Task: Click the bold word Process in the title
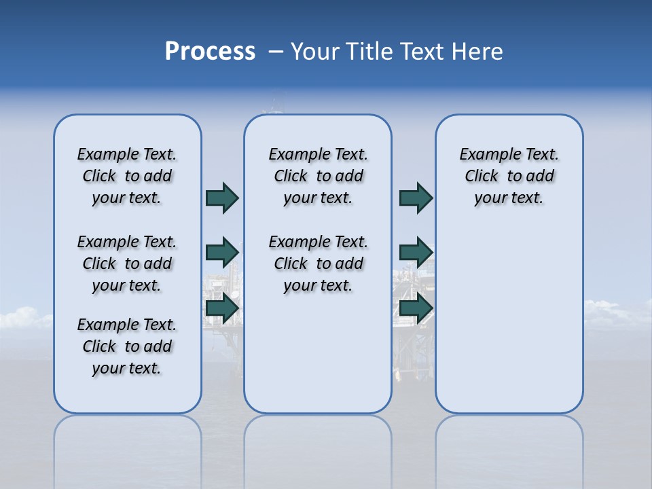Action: (x=210, y=52)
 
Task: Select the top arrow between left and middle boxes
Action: (x=222, y=198)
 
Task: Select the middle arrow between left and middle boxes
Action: (x=222, y=253)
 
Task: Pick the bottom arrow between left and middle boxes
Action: (x=222, y=309)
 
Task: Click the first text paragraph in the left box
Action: (x=127, y=176)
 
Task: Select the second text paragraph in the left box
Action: (x=127, y=264)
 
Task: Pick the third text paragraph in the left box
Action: (x=127, y=346)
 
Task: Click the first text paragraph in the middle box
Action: (x=319, y=176)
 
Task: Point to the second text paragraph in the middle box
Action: (x=319, y=264)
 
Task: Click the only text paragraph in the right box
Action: (x=509, y=176)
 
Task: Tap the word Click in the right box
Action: (x=482, y=177)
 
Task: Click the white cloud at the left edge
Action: (x=20, y=318)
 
